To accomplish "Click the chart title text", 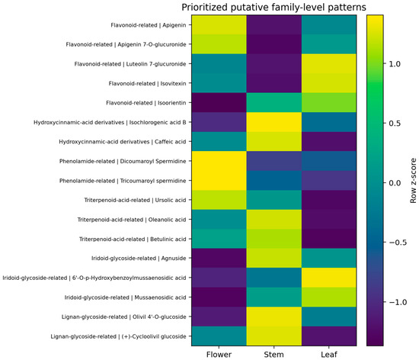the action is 273,7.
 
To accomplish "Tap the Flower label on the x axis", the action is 219,355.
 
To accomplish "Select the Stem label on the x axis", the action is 273,355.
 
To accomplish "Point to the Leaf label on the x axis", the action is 329,355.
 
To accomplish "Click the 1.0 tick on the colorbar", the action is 395,64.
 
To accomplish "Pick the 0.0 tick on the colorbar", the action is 395,183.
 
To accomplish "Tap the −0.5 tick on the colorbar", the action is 398,243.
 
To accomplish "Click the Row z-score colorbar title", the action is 413,181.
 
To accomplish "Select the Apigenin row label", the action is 149,25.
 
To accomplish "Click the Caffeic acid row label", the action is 123,142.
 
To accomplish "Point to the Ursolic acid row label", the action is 135,200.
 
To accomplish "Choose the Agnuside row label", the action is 139,259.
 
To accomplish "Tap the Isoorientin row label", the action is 146,103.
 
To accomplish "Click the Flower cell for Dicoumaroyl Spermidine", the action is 219,161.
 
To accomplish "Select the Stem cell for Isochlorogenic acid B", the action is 274,122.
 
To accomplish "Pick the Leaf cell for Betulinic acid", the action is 329,239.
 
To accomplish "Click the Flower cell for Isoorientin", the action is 219,103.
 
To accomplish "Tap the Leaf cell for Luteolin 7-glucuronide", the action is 329,63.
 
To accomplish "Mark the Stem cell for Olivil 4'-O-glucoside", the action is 274,317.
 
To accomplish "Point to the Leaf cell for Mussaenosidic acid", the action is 329,297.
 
